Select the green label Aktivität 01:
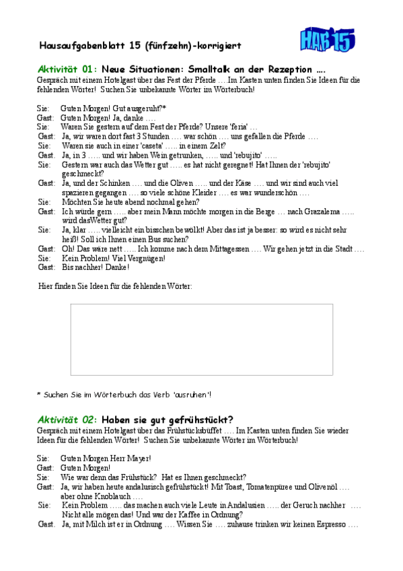67,69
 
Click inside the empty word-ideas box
201,339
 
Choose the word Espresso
328,524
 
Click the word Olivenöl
318,486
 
